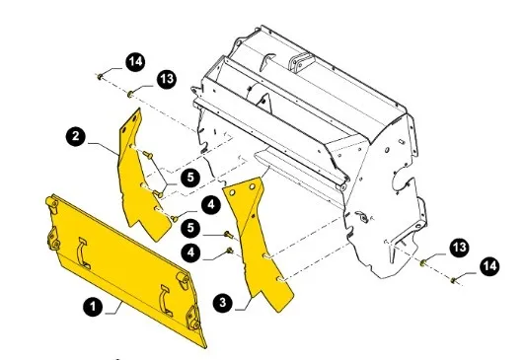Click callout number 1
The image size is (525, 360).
[93, 306]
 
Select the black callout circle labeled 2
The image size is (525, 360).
[76, 136]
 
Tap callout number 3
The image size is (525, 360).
[223, 303]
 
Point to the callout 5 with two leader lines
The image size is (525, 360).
[190, 177]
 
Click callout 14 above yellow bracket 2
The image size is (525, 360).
[135, 62]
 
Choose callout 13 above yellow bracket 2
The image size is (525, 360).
[167, 79]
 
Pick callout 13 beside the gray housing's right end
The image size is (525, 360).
[459, 248]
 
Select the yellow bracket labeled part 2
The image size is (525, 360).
[141, 178]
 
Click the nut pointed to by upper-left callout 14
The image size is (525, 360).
[100, 77]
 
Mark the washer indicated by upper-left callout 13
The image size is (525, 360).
[130, 94]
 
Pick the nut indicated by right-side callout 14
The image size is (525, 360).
[453, 280]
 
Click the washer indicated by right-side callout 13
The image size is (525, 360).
[423, 263]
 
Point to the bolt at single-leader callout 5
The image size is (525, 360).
[229, 234]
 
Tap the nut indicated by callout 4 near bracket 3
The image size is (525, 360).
[230, 251]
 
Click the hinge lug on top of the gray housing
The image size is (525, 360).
[301, 63]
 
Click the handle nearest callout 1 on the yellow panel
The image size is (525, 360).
[83, 253]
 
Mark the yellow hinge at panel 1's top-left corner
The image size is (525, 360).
[51, 202]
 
